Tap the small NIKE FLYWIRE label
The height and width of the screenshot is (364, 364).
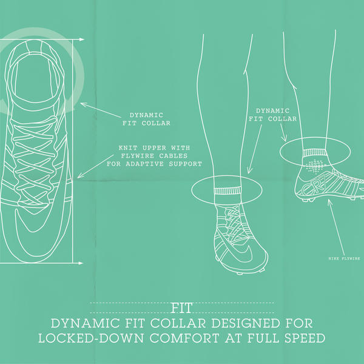point(343,258)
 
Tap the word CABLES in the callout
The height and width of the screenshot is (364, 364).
point(181,156)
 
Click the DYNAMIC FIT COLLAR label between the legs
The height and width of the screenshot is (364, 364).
point(273,115)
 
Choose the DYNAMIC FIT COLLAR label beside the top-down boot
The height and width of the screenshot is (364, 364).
point(150,118)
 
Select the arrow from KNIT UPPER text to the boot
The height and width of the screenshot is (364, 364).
point(97,164)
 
